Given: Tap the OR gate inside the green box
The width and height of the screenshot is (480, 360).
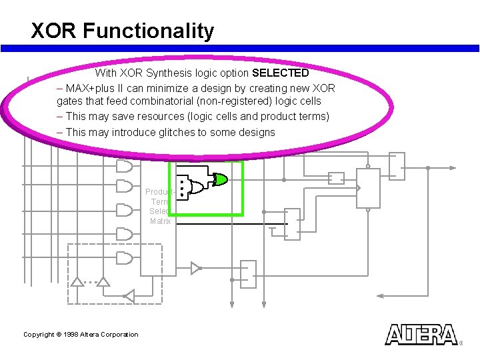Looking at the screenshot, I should [x=197, y=187].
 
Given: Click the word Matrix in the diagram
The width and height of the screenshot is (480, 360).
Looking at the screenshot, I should [x=160, y=221].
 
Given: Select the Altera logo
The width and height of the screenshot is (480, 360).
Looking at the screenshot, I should [x=421, y=334].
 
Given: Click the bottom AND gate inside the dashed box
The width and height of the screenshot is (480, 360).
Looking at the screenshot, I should [x=124, y=257].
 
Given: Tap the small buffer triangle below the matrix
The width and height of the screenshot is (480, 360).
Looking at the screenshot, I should [x=195, y=268].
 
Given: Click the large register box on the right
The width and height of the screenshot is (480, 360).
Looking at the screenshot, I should [x=368, y=188].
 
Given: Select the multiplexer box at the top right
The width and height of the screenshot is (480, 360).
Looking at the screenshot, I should [x=396, y=167].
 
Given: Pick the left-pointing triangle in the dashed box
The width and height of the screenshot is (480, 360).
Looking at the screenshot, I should [x=129, y=295].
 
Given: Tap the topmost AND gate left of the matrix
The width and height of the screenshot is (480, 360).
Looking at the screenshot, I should [x=124, y=165].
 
